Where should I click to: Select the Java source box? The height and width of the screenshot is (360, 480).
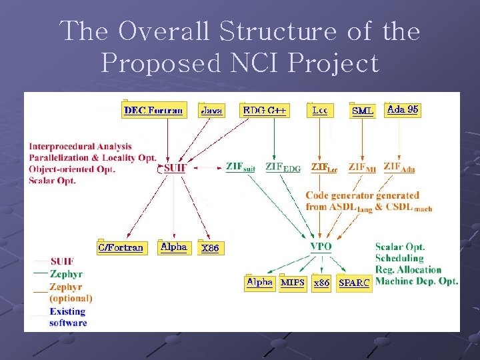click(x=211, y=110)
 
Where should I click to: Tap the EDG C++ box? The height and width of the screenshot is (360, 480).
click(x=264, y=110)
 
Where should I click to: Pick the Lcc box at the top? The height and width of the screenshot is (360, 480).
click(x=319, y=110)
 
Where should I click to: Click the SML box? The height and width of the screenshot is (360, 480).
click(x=363, y=111)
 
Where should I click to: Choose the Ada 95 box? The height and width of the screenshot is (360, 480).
click(x=403, y=109)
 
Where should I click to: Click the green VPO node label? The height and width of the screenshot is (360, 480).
click(x=321, y=247)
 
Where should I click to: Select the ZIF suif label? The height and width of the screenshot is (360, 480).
click(x=241, y=167)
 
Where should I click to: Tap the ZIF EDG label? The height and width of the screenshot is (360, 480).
click(x=283, y=167)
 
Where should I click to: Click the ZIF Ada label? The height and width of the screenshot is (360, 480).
click(x=399, y=167)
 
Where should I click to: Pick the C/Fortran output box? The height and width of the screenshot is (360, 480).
click(x=120, y=247)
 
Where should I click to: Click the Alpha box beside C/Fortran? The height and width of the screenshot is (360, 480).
click(x=174, y=247)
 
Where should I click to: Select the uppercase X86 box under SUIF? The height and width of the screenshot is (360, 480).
click(x=210, y=248)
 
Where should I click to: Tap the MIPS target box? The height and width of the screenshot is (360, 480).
click(x=293, y=283)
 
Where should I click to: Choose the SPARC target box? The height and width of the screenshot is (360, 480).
click(x=354, y=283)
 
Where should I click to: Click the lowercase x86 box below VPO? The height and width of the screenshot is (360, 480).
click(x=321, y=283)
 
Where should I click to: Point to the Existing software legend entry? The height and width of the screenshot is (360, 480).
click(x=68, y=317)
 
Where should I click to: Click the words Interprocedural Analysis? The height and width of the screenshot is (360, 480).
click(x=80, y=146)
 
